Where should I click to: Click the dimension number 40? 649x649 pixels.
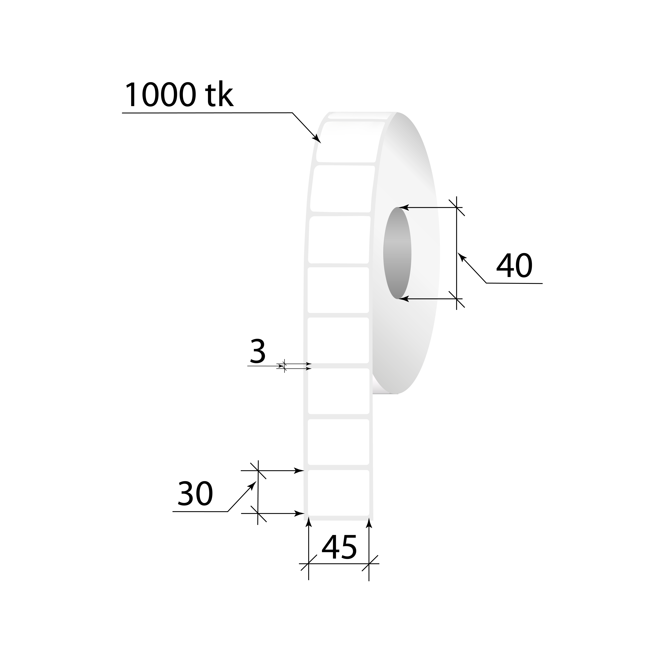[514, 266]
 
